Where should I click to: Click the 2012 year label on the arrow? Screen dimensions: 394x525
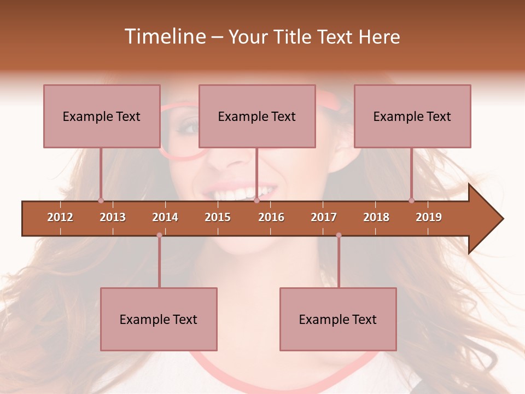coord(60,217)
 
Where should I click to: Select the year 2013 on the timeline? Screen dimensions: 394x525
coord(113,217)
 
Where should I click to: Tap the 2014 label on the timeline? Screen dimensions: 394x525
coord(165,217)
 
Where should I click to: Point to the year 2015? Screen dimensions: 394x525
coord(218,217)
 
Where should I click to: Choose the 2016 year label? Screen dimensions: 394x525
coord(271,217)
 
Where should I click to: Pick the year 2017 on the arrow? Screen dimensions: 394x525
coord(324,217)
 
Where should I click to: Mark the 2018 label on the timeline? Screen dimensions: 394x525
coord(376,217)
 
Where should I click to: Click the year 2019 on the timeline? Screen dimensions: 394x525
coord(429,217)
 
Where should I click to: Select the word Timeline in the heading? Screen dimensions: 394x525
coord(164,37)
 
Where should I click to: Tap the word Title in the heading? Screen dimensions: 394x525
coord(294,37)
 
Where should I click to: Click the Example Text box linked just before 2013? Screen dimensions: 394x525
coord(102,116)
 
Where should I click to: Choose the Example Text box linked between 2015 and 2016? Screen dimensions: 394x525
coord(257,116)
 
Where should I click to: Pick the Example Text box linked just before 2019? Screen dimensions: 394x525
coord(412,116)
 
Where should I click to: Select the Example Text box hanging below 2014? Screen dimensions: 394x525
coord(159,319)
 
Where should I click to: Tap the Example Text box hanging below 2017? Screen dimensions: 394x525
coord(338,319)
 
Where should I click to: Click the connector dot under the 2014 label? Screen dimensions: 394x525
coord(159,235)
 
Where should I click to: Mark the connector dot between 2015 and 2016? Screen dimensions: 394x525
coord(256,200)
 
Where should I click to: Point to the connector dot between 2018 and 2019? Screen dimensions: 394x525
coord(411,200)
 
